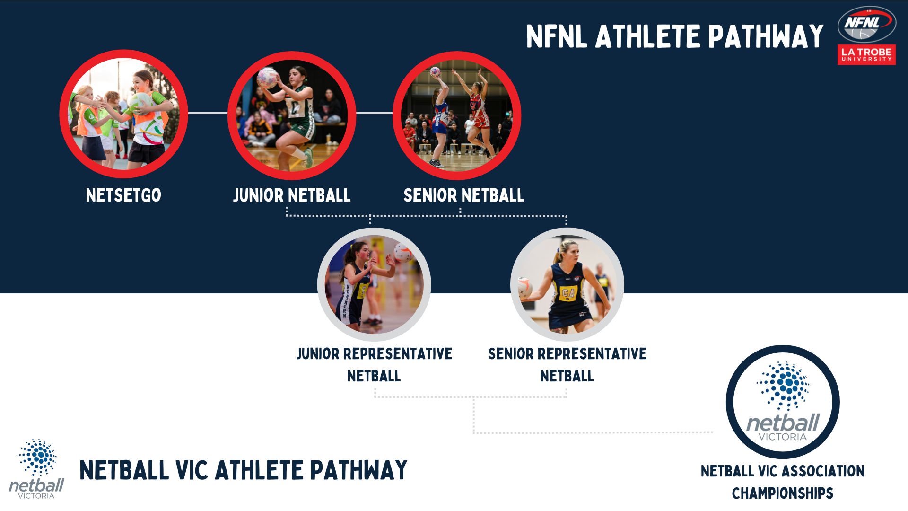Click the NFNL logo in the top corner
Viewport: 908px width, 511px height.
pos(866,24)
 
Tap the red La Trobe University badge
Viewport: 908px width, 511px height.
pos(866,54)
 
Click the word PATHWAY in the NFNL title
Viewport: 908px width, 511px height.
pos(766,36)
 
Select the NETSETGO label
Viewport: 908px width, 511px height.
pos(123,195)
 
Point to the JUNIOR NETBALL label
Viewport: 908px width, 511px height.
pos(292,195)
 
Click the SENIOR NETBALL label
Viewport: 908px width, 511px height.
pos(463,195)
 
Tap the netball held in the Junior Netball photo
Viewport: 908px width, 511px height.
pos(268,78)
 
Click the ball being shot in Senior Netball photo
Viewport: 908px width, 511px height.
pos(435,72)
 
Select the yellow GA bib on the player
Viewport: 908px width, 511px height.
pos(567,293)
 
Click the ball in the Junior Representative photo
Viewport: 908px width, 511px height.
pos(403,253)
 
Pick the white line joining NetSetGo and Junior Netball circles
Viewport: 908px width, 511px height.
pos(208,113)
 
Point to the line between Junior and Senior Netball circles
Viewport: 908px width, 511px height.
pos(374,113)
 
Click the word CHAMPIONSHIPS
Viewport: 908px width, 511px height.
pos(783,493)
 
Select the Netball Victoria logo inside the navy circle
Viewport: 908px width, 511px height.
pos(783,402)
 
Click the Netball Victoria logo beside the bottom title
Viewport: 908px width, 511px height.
pos(36,469)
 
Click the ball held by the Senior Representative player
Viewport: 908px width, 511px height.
pos(524,287)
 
